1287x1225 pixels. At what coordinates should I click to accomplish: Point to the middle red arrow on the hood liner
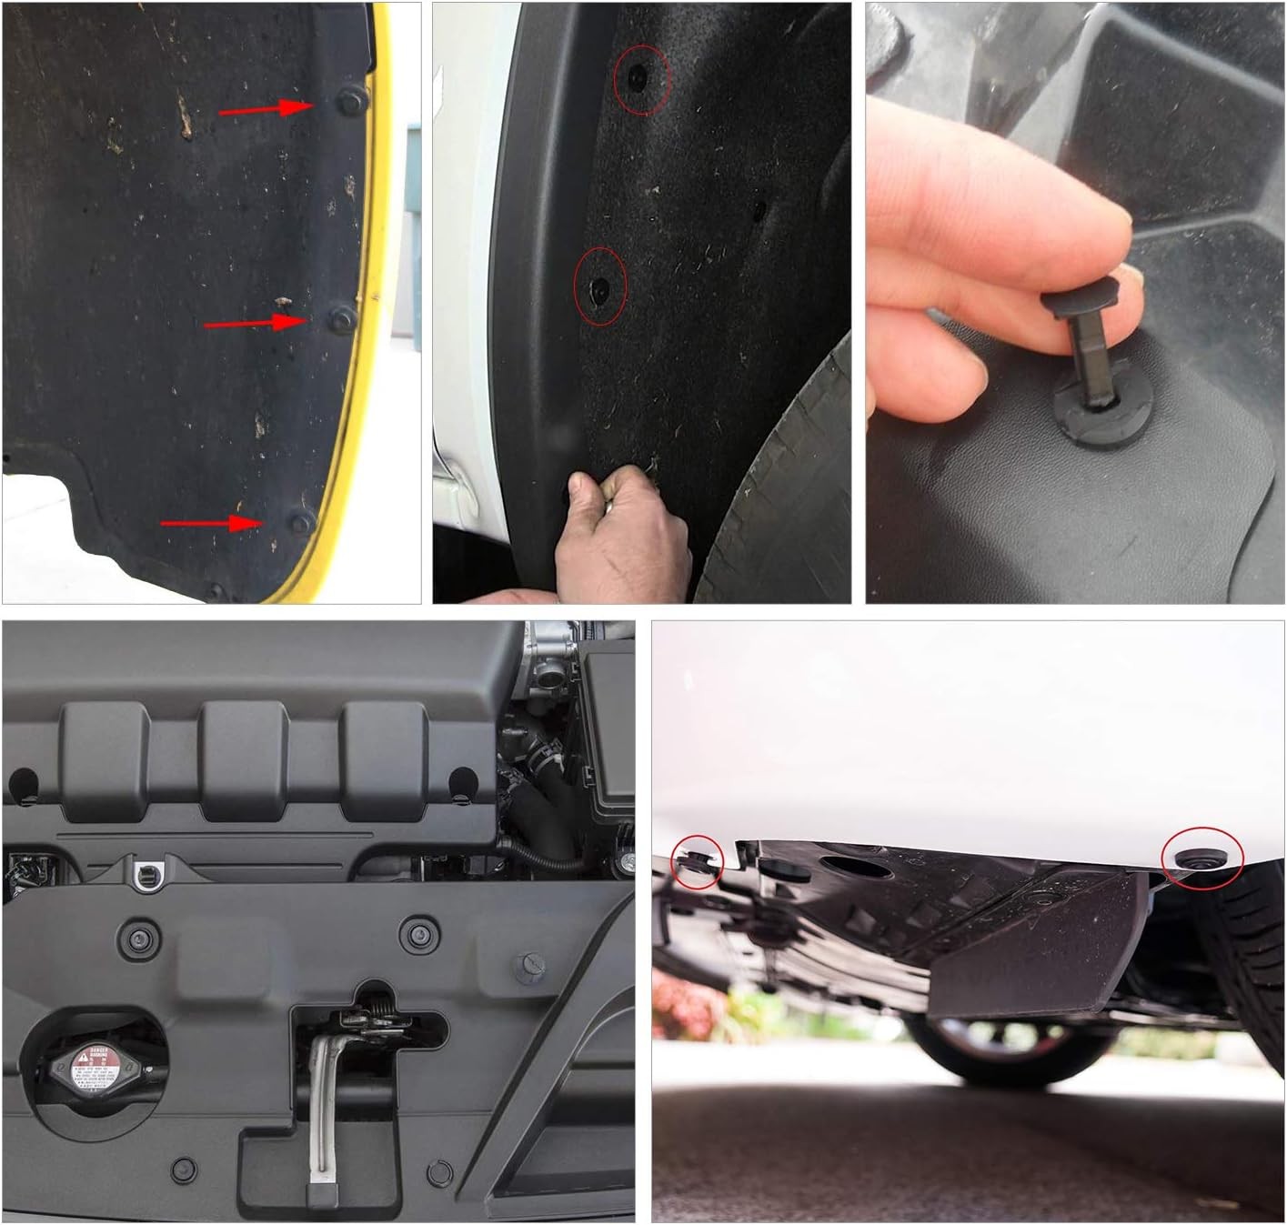tap(254, 323)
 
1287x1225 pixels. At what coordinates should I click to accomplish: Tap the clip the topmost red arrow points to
tap(351, 101)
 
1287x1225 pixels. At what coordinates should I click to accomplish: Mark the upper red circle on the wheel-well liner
tap(642, 79)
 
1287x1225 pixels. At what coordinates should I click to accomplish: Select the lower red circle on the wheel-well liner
tap(600, 287)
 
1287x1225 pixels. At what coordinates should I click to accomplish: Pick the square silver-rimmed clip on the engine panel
tap(145, 875)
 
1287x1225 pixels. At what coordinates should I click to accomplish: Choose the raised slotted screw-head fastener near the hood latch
tap(529, 966)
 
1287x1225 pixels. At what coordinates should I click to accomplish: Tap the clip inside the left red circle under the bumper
tap(696, 862)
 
